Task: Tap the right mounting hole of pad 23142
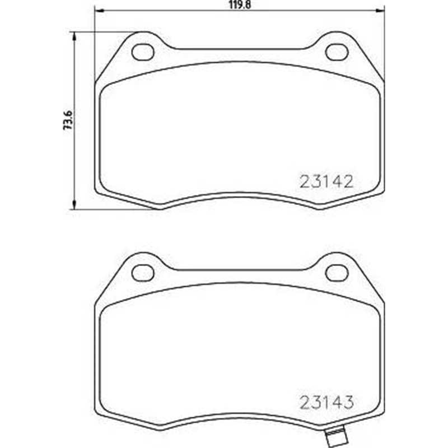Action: click(336, 51)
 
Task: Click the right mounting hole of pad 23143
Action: click(336, 272)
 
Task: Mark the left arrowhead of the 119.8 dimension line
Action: click(97, 11)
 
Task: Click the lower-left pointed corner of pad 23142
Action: click(160, 208)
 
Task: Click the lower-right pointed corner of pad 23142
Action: click(319, 208)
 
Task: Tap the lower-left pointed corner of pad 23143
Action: click(160, 430)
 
